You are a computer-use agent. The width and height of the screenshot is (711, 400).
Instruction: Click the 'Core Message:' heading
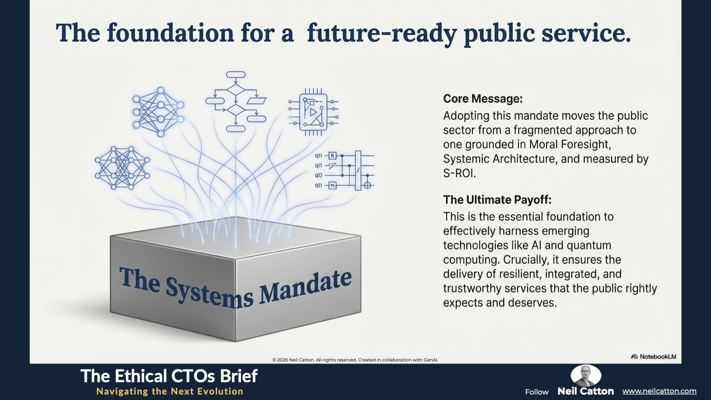[483, 99]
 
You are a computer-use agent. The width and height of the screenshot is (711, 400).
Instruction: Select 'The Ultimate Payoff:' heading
[497, 200]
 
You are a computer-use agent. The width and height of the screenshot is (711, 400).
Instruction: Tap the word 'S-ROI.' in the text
[459, 173]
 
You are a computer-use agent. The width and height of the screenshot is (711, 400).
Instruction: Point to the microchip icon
[313, 112]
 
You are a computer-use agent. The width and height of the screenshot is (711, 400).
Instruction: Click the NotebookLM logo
[654, 357]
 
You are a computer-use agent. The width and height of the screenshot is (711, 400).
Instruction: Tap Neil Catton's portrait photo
[586, 375]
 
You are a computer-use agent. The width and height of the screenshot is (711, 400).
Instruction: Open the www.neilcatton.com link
[659, 391]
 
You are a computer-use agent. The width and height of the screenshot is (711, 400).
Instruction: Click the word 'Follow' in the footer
[537, 392]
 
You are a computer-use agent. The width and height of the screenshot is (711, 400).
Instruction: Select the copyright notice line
[355, 360]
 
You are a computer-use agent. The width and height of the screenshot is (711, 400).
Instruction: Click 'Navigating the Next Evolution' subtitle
[170, 391]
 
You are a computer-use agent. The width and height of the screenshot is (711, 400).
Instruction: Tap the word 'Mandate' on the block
[305, 286]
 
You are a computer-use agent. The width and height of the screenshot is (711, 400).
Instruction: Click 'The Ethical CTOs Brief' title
[169, 376]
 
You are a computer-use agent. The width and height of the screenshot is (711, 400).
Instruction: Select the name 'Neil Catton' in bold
[586, 391]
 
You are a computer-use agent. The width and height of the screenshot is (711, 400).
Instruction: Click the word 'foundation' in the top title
[170, 33]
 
